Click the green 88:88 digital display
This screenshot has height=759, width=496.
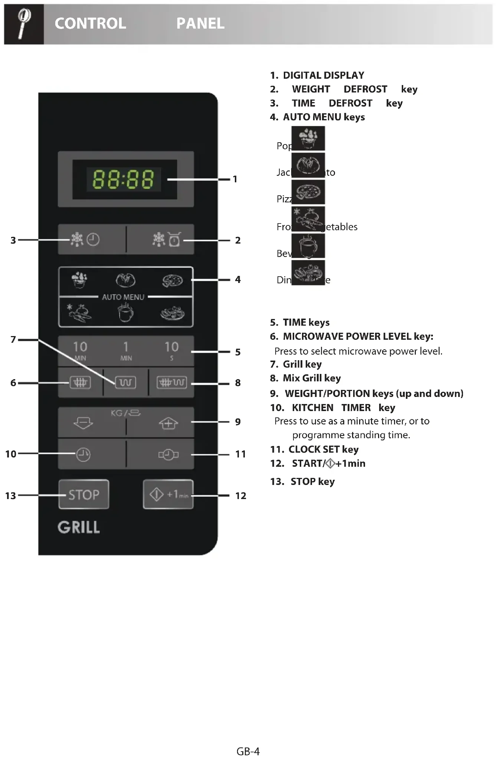[x=123, y=179]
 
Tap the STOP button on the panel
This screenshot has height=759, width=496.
[x=84, y=494]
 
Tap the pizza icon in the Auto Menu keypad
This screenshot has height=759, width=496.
[x=172, y=280]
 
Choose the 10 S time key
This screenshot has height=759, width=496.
[x=171, y=351]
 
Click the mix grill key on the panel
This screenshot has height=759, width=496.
[x=171, y=382]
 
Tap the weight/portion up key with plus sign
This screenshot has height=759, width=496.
[x=168, y=423]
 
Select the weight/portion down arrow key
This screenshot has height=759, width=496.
[x=83, y=423]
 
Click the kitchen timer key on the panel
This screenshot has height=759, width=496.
[x=83, y=454]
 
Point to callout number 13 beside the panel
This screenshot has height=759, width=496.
[x=10, y=495]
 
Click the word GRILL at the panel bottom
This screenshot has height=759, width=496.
[x=79, y=527]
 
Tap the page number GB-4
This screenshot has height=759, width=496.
[x=248, y=751]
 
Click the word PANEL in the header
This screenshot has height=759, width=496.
[x=200, y=23]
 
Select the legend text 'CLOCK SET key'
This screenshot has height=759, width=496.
[x=323, y=449]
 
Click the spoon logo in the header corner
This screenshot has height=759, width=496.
[x=24, y=24]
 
